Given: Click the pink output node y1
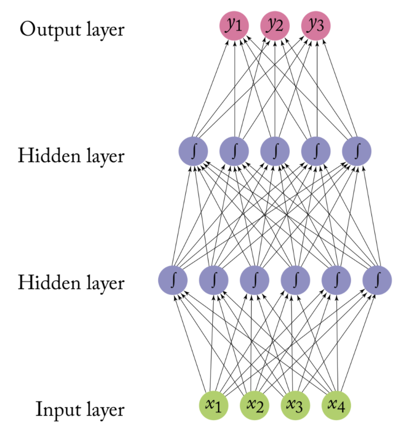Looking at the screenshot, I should pyautogui.click(x=234, y=25).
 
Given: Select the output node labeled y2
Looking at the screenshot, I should pyautogui.click(x=275, y=25).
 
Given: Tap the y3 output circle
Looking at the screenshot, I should pyautogui.click(x=316, y=25).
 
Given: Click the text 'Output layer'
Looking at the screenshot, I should pyautogui.click(x=72, y=29).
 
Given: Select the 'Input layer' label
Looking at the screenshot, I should pyautogui.click(x=80, y=410).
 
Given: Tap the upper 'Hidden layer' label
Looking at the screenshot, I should pyautogui.click(x=71, y=156).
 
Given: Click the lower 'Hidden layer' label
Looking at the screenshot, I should pyautogui.click(x=71, y=283).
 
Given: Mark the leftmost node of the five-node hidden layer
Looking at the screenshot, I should pyautogui.click(x=193, y=151).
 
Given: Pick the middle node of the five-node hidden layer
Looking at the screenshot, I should pyautogui.click(x=275, y=151).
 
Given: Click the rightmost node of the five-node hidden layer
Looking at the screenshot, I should pyautogui.click(x=357, y=151).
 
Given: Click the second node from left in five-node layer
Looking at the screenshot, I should pyautogui.click(x=234, y=151).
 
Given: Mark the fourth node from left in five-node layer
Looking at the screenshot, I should pyautogui.click(x=316, y=151).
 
